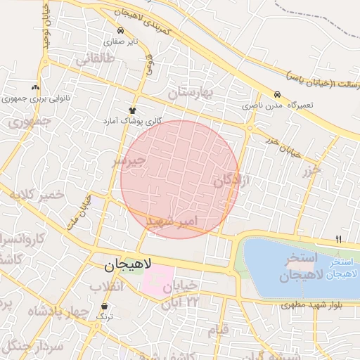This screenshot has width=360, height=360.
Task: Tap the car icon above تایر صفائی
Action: pyautogui.click(x=122, y=31)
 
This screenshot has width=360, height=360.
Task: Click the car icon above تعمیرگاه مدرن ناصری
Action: pyautogui.click(x=277, y=94)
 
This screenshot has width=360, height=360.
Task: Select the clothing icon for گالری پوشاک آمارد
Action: pyautogui.click(x=132, y=110)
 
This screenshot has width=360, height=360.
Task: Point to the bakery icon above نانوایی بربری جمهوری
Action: pyautogui.click(x=36, y=87)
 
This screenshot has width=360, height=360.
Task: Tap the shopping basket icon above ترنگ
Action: pyautogui.click(x=105, y=307)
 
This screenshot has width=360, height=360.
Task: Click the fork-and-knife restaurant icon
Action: pyautogui.click(x=338, y=240)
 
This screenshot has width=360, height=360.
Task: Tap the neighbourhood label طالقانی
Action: pyautogui.click(x=94, y=60)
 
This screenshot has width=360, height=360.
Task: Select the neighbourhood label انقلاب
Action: pyautogui.click(x=106, y=287)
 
